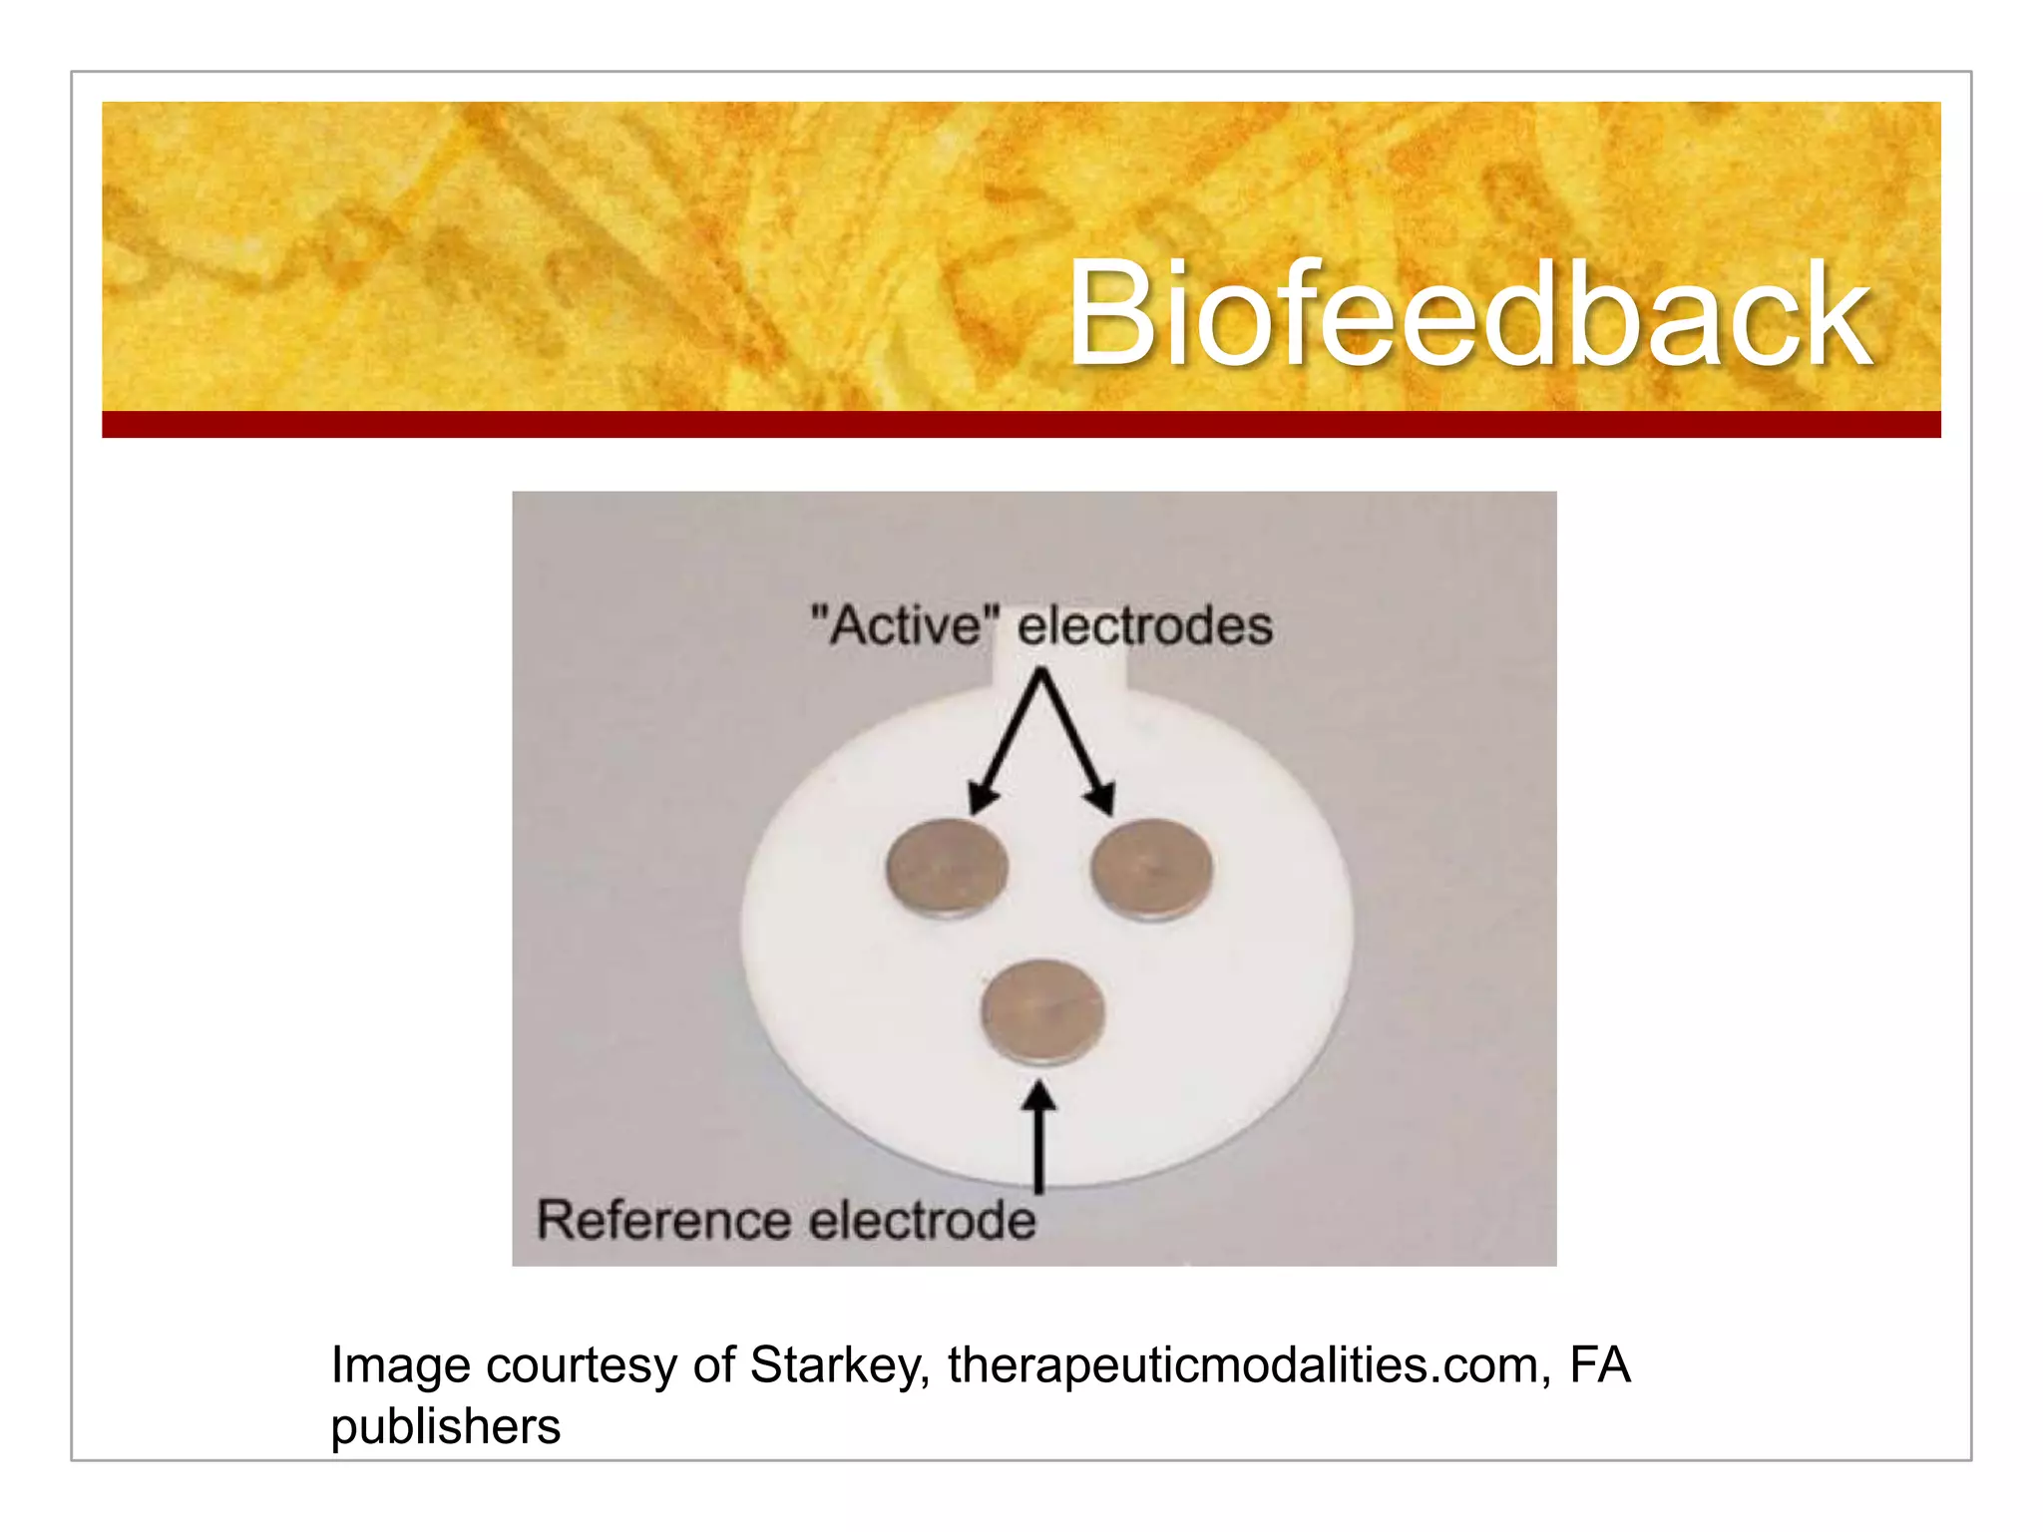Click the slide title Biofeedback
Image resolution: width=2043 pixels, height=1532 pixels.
click(1468, 314)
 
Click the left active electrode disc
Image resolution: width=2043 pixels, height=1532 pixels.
click(947, 868)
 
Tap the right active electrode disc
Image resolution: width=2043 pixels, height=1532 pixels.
click(1151, 868)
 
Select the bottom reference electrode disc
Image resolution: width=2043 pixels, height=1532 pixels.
click(1042, 1012)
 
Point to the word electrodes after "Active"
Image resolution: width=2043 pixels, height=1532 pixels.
click(1144, 626)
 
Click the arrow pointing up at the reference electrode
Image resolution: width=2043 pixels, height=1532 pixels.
click(1039, 1137)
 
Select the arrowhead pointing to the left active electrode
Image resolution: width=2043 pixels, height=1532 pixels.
click(982, 799)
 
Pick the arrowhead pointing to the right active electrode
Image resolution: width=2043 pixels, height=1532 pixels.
click(1101, 799)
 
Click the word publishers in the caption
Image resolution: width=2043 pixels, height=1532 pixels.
click(445, 1426)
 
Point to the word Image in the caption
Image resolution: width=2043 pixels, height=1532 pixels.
click(400, 1364)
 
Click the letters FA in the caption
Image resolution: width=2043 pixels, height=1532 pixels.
click(1599, 1364)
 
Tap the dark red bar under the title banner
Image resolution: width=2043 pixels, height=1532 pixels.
click(1021, 425)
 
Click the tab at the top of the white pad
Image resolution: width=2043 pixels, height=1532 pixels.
click(1060, 666)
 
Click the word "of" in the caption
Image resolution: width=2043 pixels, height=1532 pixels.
click(714, 1364)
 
